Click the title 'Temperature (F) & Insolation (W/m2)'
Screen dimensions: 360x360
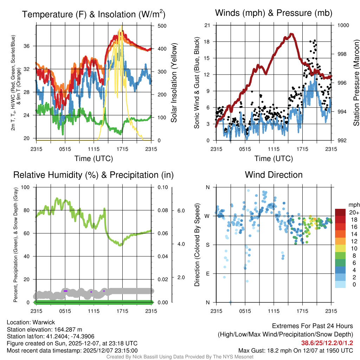pyautogui.click(x=94, y=14)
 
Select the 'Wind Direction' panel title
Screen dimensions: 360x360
pyautogui.click(x=274, y=175)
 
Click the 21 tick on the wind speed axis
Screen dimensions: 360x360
pyautogui.click(x=207, y=25)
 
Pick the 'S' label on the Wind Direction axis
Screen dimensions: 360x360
pyautogui.click(x=207, y=245)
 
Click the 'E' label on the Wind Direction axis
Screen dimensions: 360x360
pyautogui.click(x=207, y=274)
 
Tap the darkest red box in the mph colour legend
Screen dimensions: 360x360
pyautogui.click(x=340, y=212)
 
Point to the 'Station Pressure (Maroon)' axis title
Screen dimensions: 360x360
pyautogui.click(x=356, y=83)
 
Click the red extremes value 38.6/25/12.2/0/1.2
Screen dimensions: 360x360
pyautogui.click(x=327, y=343)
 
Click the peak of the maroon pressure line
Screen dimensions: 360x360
pyautogui.click(x=291, y=34)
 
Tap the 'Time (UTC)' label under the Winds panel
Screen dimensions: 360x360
pyautogui.click(x=274, y=159)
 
